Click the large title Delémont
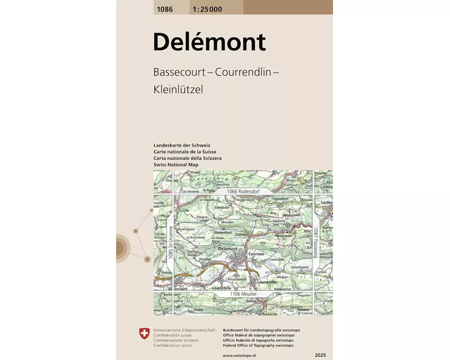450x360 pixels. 209,42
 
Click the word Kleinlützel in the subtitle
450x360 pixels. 178,89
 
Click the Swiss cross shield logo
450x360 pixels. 144,333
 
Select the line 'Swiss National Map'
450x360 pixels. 176,165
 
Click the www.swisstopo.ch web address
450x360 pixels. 239,355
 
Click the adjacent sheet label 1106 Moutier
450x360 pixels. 243,294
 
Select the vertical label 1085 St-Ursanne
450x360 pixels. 171,243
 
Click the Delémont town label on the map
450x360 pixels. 227,248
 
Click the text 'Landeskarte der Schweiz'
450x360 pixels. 182,145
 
